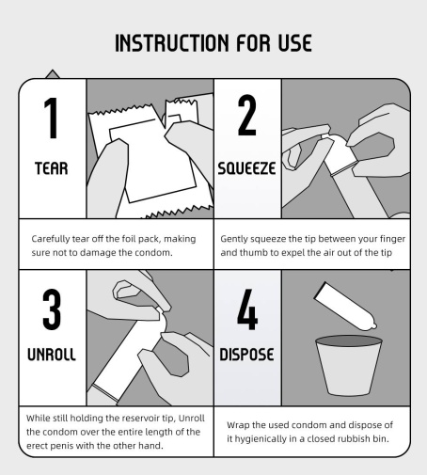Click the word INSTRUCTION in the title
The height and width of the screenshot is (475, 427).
coord(172,43)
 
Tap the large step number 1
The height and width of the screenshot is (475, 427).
coord(52,118)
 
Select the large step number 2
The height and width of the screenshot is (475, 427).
coord(247,116)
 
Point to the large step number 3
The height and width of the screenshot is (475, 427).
coord(52,309)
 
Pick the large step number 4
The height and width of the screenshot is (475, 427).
coord(247,309)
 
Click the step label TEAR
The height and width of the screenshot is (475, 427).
coord(52,168)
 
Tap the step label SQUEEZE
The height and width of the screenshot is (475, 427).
coord(246,168)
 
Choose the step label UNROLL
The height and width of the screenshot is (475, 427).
coord(52,355)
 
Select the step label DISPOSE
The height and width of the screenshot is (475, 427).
coord(246,355)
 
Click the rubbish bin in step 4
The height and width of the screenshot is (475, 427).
coord(349,366)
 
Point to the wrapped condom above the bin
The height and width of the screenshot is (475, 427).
coord(345,307)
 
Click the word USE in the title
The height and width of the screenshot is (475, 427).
coord(295,43)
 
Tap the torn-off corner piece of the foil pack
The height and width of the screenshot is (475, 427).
coord(182,111)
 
